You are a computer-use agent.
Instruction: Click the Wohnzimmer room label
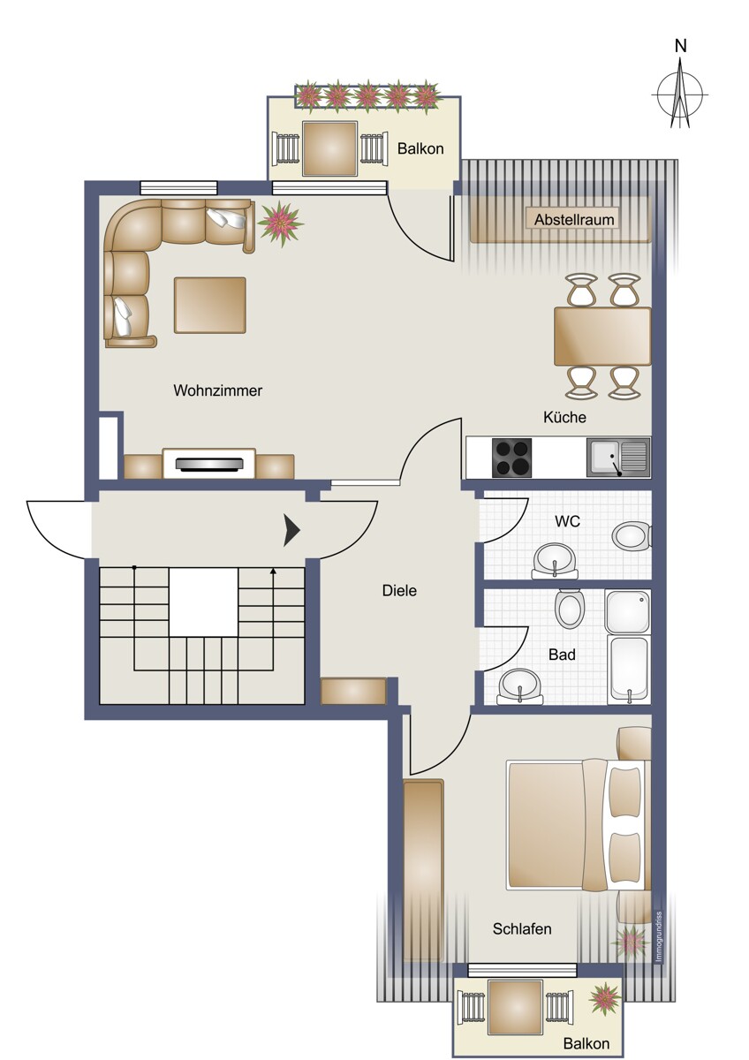click(x=217, y=390)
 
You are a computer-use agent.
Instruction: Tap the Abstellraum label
click(x=574, y=220)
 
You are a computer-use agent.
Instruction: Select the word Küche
click(x=564, y=417)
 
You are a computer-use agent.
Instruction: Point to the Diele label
click(x=399, y=591)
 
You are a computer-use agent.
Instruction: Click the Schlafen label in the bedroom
click(x=522, y=929)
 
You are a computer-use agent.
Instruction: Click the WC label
click(x=567, y=521)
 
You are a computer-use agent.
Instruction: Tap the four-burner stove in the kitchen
click(x=511, y=458)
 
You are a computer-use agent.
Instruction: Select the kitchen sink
click(x=618, y=458)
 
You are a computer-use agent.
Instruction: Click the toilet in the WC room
click(x=632, y=537)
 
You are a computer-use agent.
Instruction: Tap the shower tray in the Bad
click(x=628, y=612)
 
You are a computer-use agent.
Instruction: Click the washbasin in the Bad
click(x=520, y=686)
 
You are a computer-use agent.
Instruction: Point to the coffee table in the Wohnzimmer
click(x=209, y=306)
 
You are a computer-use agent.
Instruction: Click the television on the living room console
click(x=209, y=464)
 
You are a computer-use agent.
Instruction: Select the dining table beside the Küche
click(x=602, y=337)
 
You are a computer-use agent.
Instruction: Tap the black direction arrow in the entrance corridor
click(x=291, y=531)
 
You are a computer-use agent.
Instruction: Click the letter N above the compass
click(x=680, y=46)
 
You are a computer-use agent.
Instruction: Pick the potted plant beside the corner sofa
click(x=281, y=223)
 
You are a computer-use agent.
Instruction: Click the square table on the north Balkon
click(x=329, y=148)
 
